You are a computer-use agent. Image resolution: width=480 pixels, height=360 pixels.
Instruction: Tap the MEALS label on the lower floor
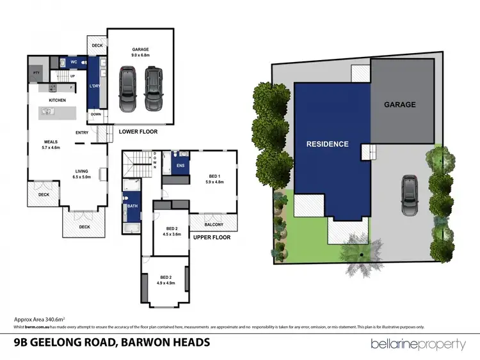[51, 141]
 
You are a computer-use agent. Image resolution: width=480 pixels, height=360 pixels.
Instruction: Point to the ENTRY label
[82, 132]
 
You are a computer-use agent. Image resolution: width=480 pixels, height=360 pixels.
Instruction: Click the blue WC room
[74, 63]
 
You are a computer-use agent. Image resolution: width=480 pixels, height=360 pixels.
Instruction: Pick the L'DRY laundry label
[95, 86]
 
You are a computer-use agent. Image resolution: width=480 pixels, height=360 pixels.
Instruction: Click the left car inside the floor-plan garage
[127, 89]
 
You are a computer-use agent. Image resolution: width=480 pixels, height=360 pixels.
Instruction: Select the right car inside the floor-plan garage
[153, 89]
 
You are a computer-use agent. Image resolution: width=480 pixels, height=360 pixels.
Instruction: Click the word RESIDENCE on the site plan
[327, 144]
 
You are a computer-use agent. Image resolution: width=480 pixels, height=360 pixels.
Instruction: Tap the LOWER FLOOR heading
[138, 132]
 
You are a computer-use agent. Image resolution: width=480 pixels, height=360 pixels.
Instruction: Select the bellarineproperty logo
[418, 344]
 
